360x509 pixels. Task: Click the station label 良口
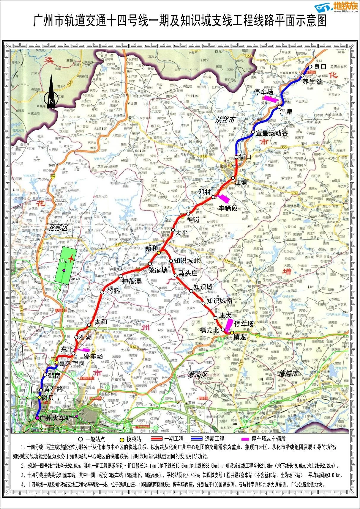(x=320, y=67)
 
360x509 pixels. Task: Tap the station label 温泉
(x=286, y=112)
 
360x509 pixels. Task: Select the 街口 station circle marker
(x=236, y=157)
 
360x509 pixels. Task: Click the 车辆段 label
(x=228, y=208)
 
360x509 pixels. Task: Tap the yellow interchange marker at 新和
(x=159, y=253)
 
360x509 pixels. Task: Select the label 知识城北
(x=187, y=261)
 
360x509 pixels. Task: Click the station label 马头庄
(x=188, y=273)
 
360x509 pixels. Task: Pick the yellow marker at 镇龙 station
(x=232, y=333)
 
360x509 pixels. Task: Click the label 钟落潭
(x=132, y=281)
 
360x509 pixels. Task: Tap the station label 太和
(x=101, y=322)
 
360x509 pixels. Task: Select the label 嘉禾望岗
(x=72, y=363)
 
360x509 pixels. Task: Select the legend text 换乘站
(x=134, y=439)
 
